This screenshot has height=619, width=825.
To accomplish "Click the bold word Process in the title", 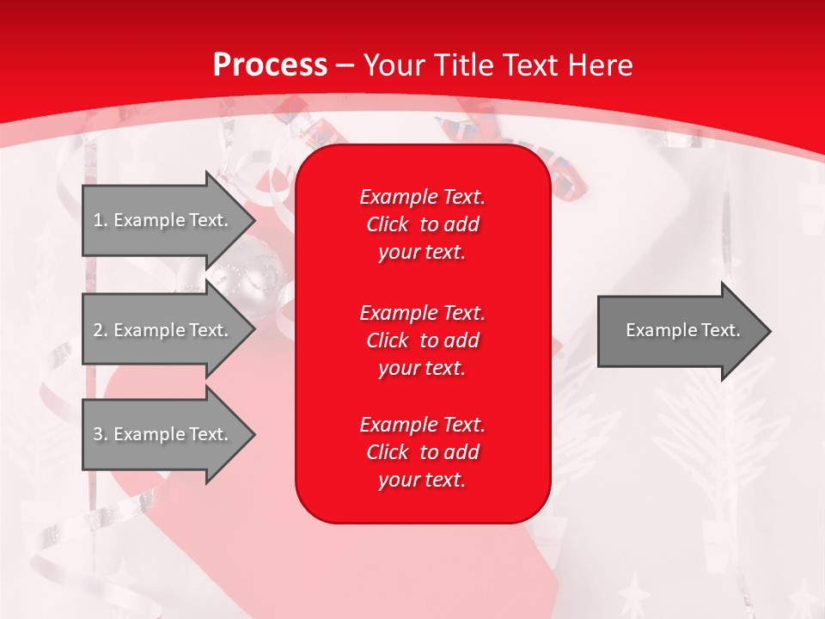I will pyautogui.click(x=270, y=65).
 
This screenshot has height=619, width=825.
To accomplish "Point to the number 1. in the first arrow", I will pyautogui.click(x=100, y=220).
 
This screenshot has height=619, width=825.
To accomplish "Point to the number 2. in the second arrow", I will pyautogui.click(x=100, y=330).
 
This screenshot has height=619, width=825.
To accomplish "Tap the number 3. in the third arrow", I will pyautogui.click(x=100, y=434).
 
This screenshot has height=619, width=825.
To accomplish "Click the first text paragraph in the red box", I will pyautogui.click(x=422, y=224).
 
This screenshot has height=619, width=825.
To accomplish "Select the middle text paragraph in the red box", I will pyautogui.click(x=422, y=340).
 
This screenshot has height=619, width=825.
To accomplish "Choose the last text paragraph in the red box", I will pyautogui.click(x=422, y=452).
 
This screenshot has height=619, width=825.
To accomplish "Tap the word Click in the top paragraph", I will pyautogui.click(x=388, y=224).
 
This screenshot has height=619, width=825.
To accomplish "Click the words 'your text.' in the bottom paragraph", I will pyautogui.click(x=422, y=481).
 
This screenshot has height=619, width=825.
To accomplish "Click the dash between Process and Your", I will pyautogui.click(x=345, y=66).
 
